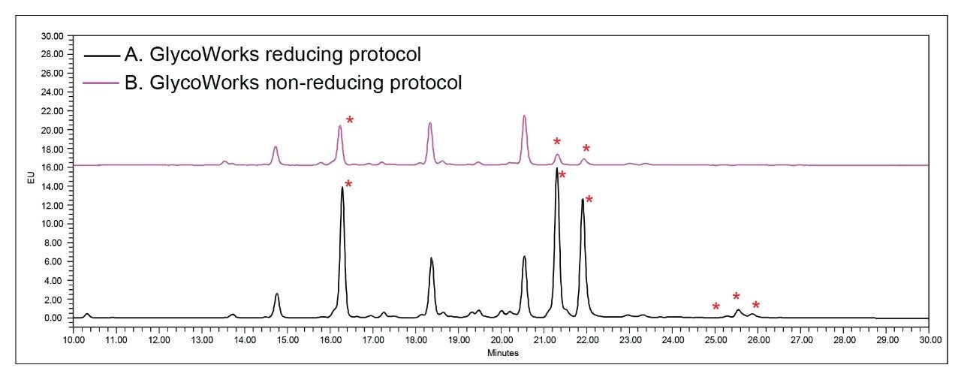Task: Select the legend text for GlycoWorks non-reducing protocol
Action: click(x=293, y=83)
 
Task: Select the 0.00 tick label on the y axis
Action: click(x=54, y=318)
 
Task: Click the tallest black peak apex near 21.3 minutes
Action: click(x=556, y=168)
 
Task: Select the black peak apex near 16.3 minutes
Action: click(x=342, y=187)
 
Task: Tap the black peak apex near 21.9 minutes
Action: click(x=582, y=199)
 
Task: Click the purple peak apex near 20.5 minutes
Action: click(x=524, y=116)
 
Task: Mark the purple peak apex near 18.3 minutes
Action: click(x=430, y=123)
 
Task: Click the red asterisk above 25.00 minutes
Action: click(x=716, y=306)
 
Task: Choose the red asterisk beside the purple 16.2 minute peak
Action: click(x=349, y=121)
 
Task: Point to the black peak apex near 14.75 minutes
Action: click(x=277, y=294)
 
